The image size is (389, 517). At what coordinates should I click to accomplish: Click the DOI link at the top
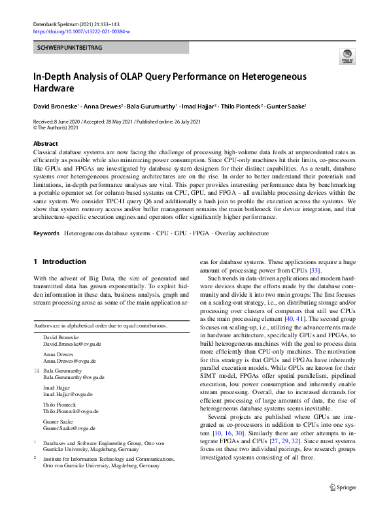click(x=82, y=31)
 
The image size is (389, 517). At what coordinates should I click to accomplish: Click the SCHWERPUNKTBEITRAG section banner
click(x=69, y=48)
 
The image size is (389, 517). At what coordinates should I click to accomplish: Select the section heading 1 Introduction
click(x=59, y=261)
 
